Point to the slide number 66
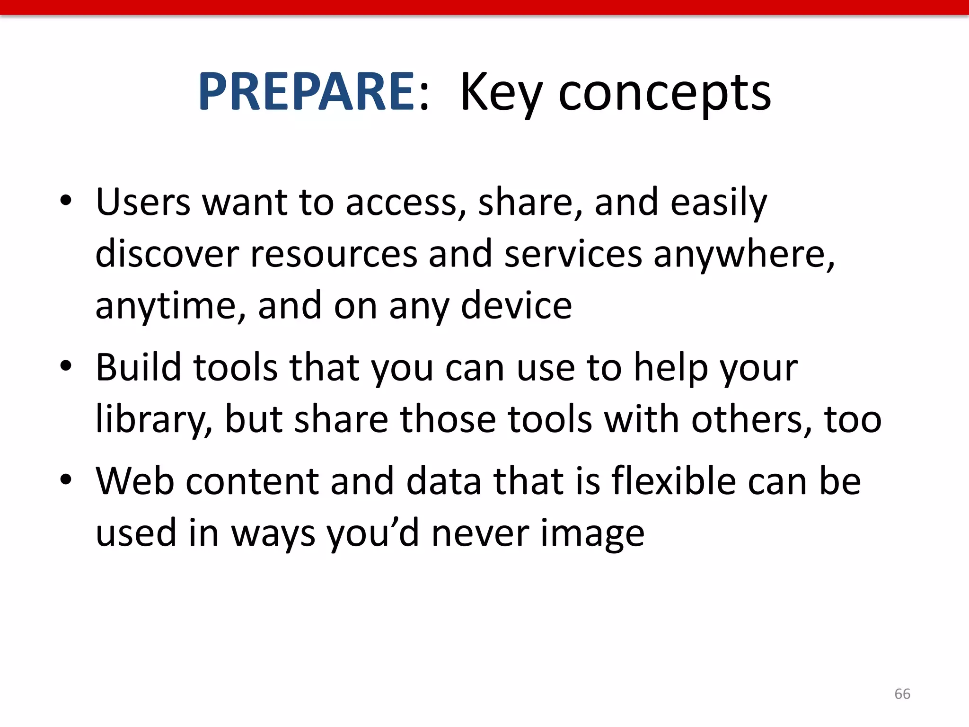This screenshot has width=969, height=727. coord(902,694)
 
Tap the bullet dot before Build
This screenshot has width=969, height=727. coord(66,366)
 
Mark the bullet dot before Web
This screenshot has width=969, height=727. coord(66,479)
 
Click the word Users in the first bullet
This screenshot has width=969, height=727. coord(143,202)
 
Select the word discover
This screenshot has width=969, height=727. coord(167,254)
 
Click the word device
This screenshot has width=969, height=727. coord(516,306)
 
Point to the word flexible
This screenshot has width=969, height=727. coord(673,481)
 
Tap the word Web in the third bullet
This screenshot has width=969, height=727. coord(135,481)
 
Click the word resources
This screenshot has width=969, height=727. coord(334,254)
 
